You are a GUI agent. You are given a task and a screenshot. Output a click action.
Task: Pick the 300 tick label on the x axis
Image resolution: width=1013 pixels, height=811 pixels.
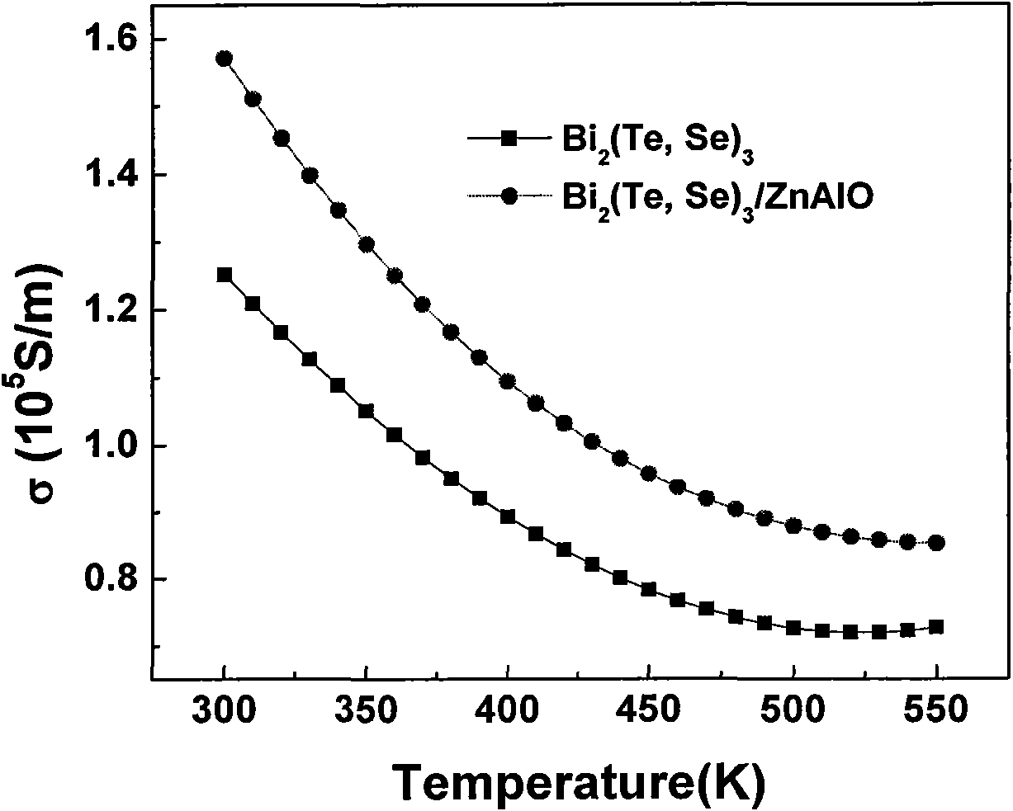[224, 709]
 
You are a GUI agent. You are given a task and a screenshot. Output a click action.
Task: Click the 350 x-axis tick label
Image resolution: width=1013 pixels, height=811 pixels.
[366, 709]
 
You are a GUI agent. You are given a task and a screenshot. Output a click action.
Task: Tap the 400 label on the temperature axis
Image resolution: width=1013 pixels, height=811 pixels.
[508, 709]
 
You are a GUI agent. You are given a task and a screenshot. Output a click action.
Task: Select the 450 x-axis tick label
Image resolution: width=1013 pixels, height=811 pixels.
[650, 709]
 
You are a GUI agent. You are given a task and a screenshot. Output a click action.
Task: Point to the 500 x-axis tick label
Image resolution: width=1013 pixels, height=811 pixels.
[793, 709]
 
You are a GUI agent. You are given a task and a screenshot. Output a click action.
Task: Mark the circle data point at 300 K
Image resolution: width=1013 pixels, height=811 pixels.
[224, 59]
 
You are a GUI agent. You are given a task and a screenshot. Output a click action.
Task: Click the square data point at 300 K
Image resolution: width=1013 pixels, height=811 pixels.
[224, 275]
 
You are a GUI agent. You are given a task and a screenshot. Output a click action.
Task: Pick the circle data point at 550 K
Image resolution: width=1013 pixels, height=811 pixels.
[935, 543]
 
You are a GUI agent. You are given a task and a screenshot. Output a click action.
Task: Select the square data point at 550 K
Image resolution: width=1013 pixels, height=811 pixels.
[935, 627]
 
